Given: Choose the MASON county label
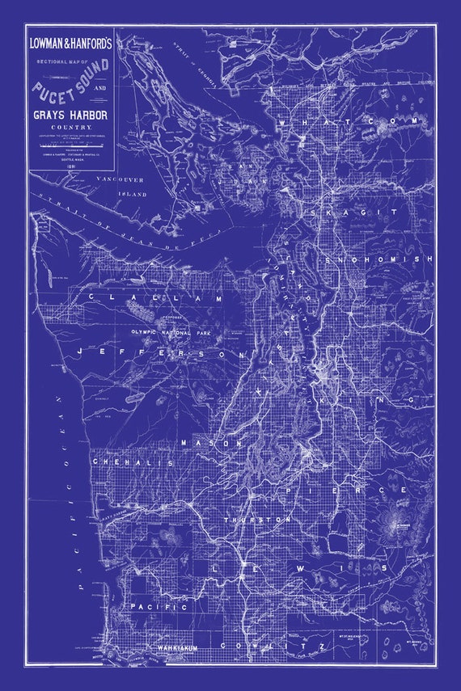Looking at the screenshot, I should pos(212,443).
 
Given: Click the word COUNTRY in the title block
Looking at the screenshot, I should pos(72,129).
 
